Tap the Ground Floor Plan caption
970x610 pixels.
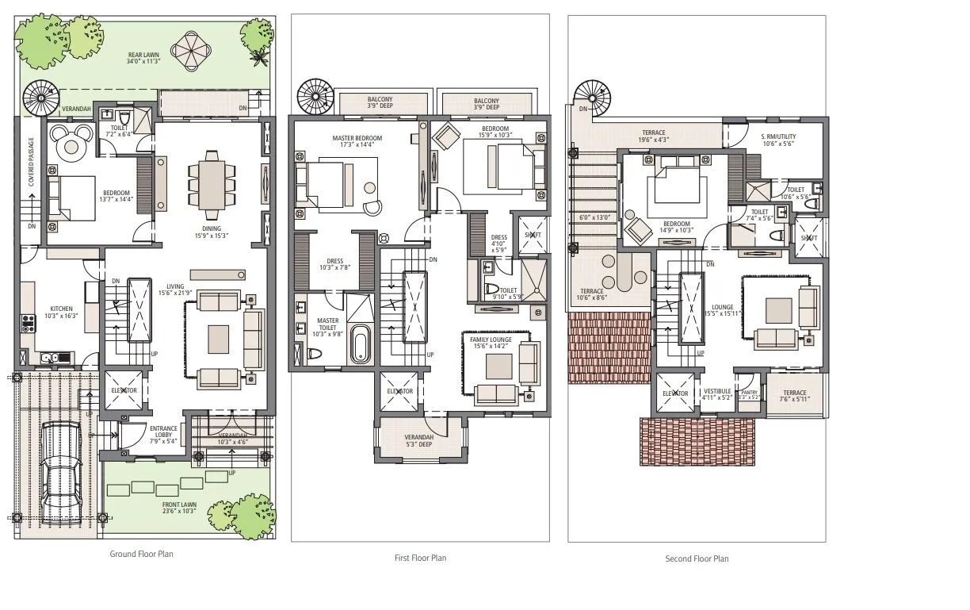[141, 554]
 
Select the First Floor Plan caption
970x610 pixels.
[420, 558]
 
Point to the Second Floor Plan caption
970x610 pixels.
[697, 558]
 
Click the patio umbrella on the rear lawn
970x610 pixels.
[193, 50]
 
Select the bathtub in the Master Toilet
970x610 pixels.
[361, 344]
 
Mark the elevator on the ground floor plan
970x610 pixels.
[124, 391]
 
